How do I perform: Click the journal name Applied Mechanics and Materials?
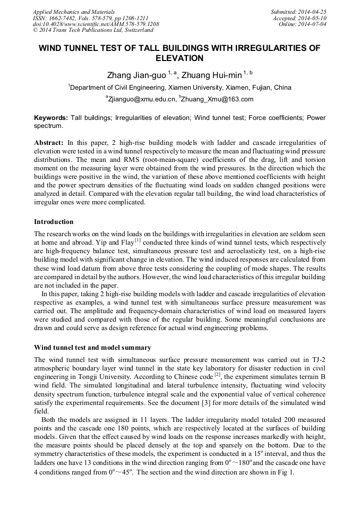point(73,11)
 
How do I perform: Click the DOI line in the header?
point(96,24)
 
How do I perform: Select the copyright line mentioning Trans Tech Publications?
point(93,30)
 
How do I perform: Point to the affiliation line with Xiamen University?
point(181,88)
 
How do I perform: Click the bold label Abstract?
point(49,143)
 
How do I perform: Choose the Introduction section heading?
point(54,221)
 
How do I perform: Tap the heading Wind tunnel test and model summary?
point(92,348)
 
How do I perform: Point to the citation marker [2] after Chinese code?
point(217,375)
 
